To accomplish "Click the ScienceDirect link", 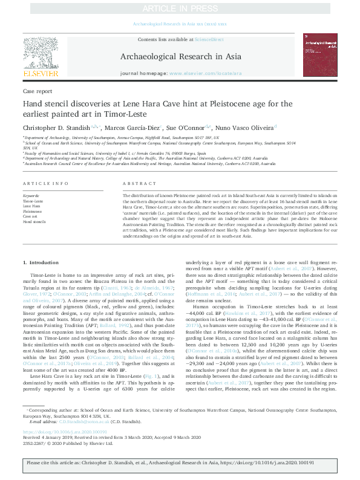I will tap(209, 39).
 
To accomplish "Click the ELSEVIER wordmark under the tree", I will tap(41, 74).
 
